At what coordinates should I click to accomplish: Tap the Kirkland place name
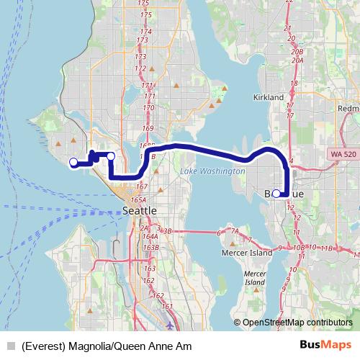coord(270,96)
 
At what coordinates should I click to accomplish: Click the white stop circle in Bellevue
coord(276,193)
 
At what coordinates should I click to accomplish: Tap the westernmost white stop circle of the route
coord(73,162)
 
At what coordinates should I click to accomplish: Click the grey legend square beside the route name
coord(10,346)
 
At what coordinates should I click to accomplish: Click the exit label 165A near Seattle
coord(138,199)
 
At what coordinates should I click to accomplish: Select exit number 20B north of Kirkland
coord(297,52)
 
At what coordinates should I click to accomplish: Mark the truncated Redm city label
coord(348,109)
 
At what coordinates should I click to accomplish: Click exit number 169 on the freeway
coord(148,128)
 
